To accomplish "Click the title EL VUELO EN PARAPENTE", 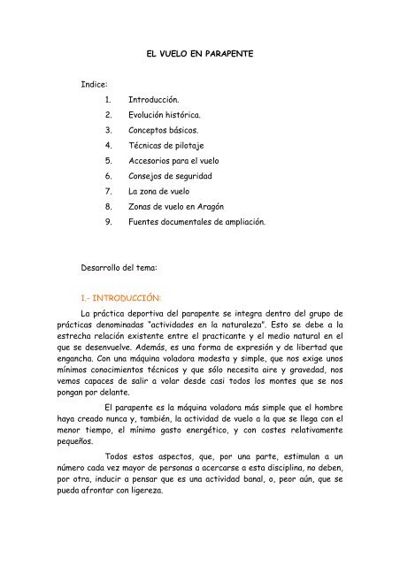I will pyautogui.click(x=200, y=56).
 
